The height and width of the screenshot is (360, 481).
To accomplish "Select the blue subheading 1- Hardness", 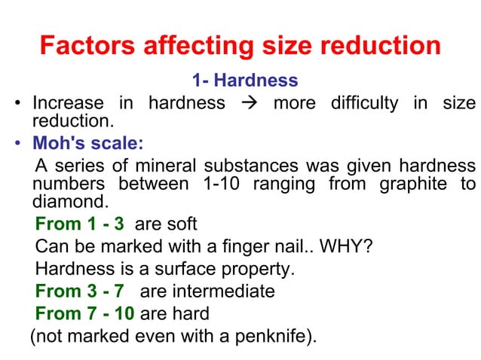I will pos(245,80).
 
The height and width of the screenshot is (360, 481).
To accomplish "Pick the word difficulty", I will pos(364,102).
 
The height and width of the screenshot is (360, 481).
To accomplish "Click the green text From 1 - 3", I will pos(79,224).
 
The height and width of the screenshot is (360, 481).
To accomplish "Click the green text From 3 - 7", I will pos(79,291).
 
